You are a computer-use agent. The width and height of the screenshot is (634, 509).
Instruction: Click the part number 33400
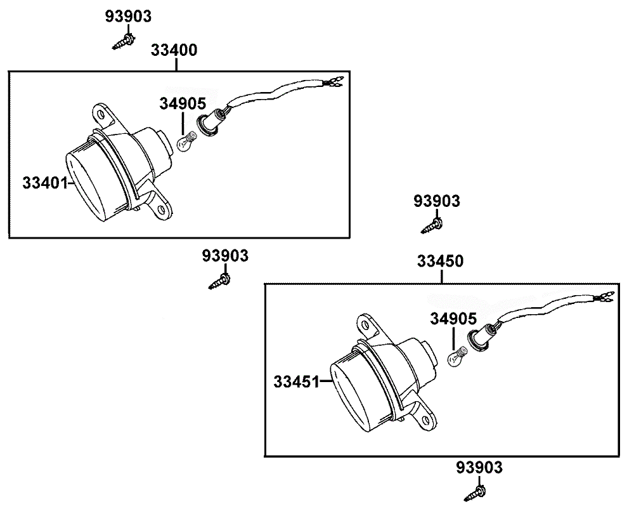pos(174,50)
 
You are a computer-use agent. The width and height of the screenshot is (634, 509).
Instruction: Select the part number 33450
pos(441,261)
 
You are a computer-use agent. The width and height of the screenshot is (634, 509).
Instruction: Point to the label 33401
pos(45,183)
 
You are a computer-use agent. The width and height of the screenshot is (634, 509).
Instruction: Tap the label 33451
pos(297,381)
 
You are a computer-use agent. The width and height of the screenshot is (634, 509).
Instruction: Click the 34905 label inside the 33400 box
pos(183,104)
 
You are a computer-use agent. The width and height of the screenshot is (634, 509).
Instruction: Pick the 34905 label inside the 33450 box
pos(453,319)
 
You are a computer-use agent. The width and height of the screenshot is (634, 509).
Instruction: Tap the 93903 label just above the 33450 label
pos(437,201)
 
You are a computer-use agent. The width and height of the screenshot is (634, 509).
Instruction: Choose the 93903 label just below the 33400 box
pos(225,256)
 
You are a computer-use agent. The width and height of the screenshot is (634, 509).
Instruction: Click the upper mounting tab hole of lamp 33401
pos(101,114)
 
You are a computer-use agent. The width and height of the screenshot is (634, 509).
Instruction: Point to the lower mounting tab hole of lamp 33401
pos(161,210)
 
